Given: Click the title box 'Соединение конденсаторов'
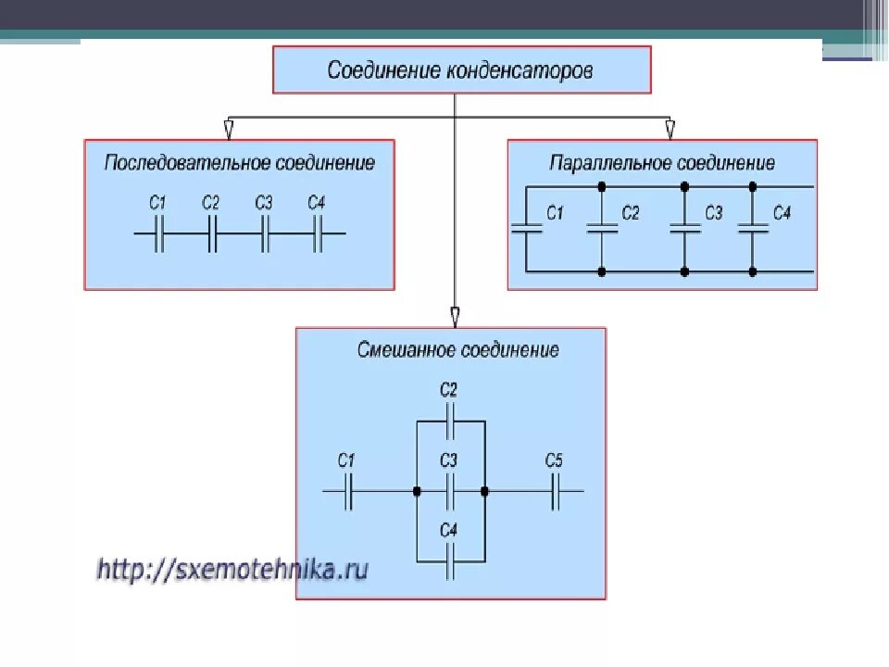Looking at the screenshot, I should (461, 70).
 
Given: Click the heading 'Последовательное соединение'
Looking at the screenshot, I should (239, 163).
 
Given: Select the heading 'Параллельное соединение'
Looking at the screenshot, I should (662, 164).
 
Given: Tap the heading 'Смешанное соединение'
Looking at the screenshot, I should (458, 351).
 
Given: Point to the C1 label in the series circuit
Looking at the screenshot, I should (157, 203).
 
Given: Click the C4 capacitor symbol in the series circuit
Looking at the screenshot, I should (318, 233).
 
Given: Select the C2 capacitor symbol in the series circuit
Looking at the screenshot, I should (211, 233).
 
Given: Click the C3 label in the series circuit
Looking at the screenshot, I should (264, 203).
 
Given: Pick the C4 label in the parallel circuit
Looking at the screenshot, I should (782, 213).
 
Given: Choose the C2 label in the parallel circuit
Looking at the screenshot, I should (631, 213).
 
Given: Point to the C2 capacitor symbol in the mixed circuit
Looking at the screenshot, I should (449, 422).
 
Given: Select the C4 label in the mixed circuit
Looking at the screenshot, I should (448, 530).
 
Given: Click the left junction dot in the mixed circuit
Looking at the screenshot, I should (417, 490).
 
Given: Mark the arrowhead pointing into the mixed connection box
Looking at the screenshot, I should (455, 315).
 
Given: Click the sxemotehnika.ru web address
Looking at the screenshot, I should (232, 567).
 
